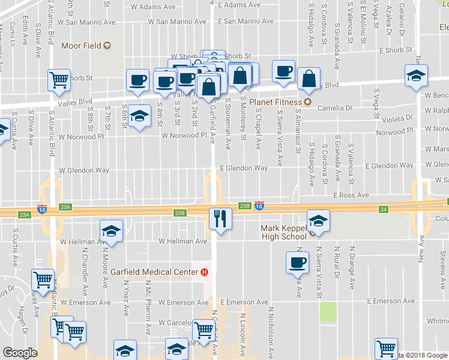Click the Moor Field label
79,46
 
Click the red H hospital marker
205,272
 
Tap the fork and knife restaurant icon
220,218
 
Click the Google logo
20,353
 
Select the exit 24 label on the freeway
383,209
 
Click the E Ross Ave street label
351,196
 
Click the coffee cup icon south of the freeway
298,262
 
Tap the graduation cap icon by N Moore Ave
111,231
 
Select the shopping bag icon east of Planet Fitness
308,79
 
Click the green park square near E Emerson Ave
328,311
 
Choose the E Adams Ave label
240,5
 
